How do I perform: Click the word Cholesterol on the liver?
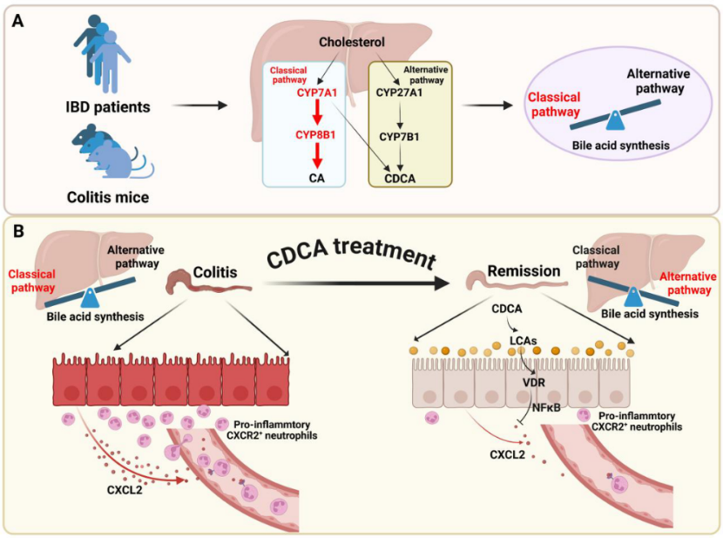(352, 42)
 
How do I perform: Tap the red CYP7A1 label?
(317, 92)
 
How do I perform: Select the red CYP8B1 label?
(315, 135)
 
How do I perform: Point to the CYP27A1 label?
(399, 92)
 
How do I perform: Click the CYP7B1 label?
(399, 137)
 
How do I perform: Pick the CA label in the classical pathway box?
(317, 178)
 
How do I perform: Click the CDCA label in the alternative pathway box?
(400, 179)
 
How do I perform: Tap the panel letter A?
(17, 21)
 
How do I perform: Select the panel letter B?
(18, 231)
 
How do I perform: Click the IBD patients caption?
(108, 107)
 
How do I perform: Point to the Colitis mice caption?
(108, 197)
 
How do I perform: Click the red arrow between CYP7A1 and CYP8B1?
(317, 113)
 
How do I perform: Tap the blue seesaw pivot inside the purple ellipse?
(615, 121)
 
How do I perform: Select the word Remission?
(524, 271)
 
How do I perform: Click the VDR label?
(534, 383)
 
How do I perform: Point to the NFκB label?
(546, 408)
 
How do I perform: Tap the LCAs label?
(524, 341)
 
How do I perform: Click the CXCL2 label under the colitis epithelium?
(125, 489)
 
